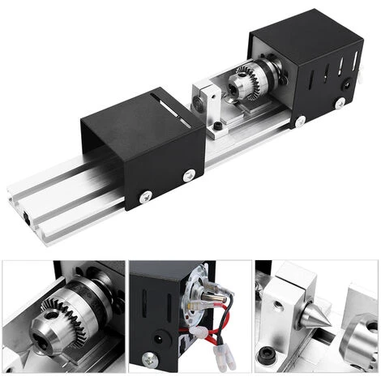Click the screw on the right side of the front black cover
click(x=189, y=173)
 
